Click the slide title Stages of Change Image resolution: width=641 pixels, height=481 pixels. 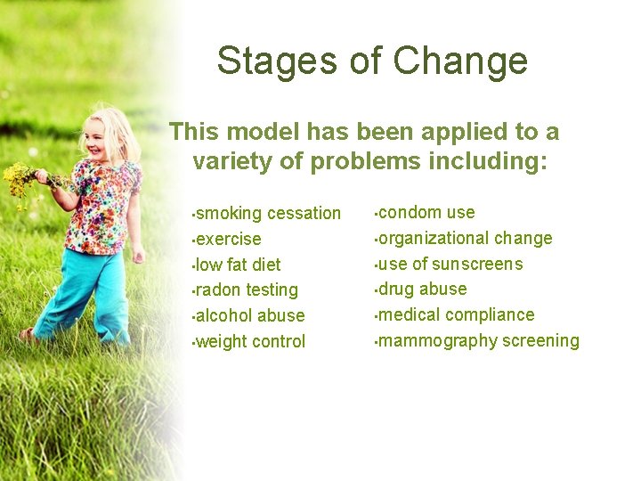tap(372, 61)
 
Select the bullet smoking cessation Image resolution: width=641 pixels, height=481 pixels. tap(267, 213)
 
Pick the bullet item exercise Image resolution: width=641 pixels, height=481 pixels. tap(228, 239)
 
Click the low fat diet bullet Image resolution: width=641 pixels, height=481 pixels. tap(238, 265)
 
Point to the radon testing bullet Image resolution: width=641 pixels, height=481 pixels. tap(247, 289)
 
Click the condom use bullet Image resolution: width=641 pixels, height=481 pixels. tap(426, 212)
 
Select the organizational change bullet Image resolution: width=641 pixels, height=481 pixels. tap(465, 238)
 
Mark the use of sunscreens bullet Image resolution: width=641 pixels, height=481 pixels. tap(450, 264)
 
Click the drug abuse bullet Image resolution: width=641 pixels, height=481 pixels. tap(422, 289)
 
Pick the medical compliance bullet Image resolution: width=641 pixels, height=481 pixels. tap(456, 314)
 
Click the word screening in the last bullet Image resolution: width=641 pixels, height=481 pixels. tap(540, 340)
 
